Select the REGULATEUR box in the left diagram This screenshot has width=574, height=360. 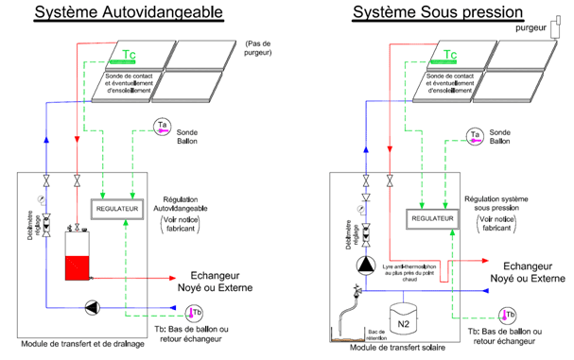[115, 207]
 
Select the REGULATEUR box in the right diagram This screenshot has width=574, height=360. [431, 218]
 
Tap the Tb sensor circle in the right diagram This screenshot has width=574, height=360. [508, 315]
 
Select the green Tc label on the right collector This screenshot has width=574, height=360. [449, 55]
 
